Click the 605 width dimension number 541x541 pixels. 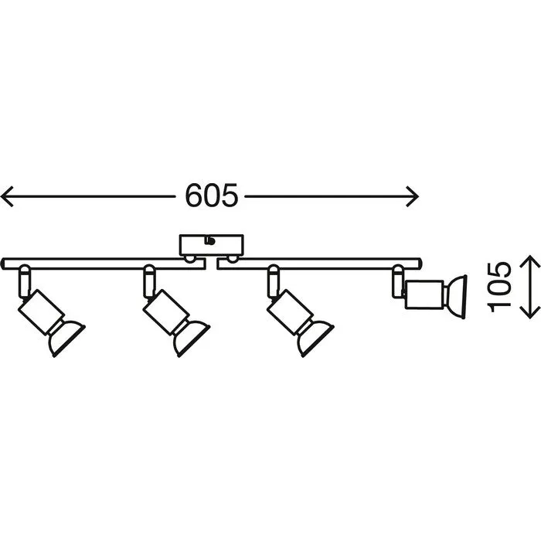pyautogui.click(x=212, y=196)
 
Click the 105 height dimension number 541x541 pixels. pyautogui.click(x=498, y=287)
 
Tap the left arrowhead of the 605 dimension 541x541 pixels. pyautogui.click(x=7, y=196)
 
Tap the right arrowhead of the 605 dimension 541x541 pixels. pyautogui.click(x=412, y=196)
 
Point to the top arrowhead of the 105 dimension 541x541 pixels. pyautogui.click(x=530, y=261)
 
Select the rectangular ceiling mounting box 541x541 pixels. pyautogui.click(x=212, y=245)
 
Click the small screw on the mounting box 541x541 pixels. pyautogui.click(x=209, y=240)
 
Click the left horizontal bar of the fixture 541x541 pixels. pyautogui.click(x=104, y=263)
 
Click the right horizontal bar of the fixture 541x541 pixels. pyautogui.click(x=319, y=263)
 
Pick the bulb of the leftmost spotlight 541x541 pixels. pyautogui.click(x=66, y=338)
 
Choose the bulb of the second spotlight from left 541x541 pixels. pyautogui.click(x=192, y=338)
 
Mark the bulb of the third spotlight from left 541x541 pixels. pyautogui.click(x=315, y=338)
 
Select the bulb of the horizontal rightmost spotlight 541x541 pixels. pyautogui.click(x=455, y=296)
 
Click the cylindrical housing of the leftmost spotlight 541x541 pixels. pyautogui.click(x=42, y=311)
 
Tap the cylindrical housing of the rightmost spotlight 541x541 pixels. pyautogui.click(x=424, y=295)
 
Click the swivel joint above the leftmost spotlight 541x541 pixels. pyautogui.click(x=25, y=281)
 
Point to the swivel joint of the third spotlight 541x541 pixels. pyautogui.click(x=274, y=281)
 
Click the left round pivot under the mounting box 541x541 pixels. pyautogui.click(x=189, y=259)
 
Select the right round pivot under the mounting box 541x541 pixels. pyautogui.click(x=232, y=259)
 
